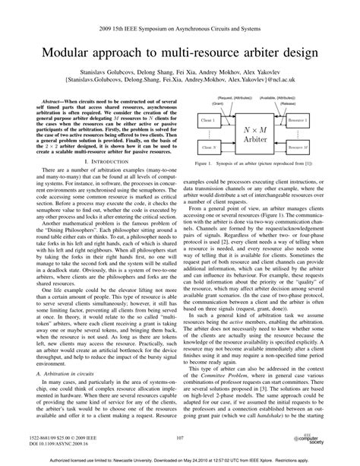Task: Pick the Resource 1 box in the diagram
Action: pos(320,122)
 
